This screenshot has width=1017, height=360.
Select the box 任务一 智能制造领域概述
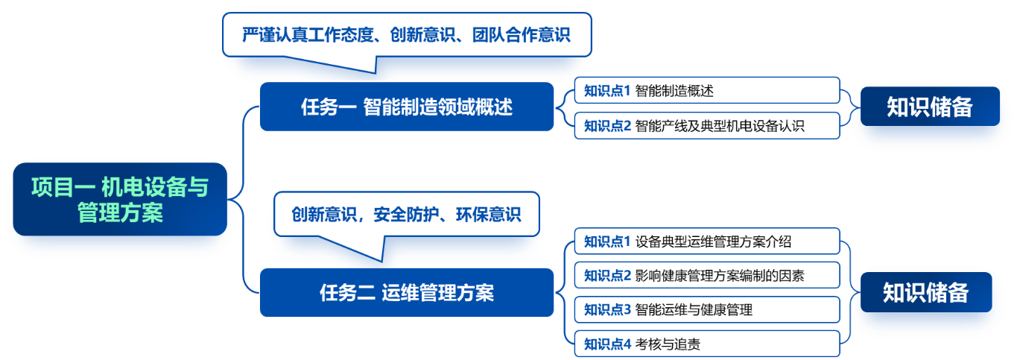(407, 107)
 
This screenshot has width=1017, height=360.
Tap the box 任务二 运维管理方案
(407, 292)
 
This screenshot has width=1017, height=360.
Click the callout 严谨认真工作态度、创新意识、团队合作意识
(407, 35)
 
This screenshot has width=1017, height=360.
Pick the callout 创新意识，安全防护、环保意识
(406, 215)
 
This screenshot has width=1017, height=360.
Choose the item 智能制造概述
(674, 91)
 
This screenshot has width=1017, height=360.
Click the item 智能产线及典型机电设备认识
(720, 126)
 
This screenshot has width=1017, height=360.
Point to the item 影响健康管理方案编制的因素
(720, 275)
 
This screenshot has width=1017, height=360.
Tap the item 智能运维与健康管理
(694, 309)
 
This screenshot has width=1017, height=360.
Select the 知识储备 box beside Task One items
(929, 107)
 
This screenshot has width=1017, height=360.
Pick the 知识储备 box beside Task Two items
(925, 292)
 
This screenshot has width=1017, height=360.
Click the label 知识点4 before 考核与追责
(607, 344)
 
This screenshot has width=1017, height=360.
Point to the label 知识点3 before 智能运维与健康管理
(607, 309)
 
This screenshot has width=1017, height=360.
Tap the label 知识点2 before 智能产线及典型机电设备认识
(607, 126)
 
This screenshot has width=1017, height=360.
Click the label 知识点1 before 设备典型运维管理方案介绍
(607, 241)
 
